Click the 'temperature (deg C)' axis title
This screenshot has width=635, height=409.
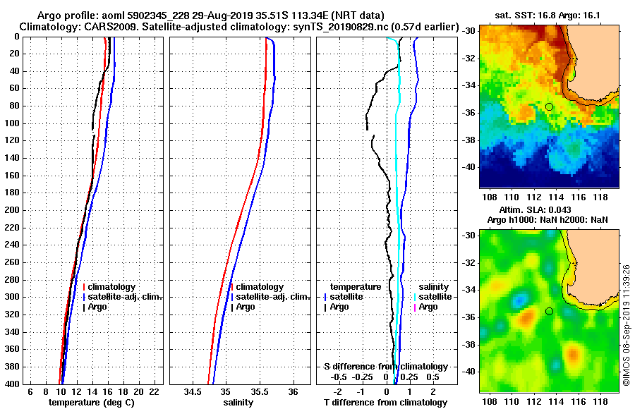(91, 402)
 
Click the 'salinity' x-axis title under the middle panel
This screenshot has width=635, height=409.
(238, 402)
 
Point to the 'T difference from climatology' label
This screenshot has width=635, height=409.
(385, 402)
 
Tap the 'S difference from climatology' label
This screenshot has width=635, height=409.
(385, 367)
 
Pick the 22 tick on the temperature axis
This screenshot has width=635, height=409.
(154, 391)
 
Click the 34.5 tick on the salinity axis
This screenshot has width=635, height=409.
(193, 391)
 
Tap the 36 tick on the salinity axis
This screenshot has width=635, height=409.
(294, 391)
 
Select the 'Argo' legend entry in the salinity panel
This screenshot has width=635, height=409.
(246, 307)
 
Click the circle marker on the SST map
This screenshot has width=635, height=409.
(549, 106)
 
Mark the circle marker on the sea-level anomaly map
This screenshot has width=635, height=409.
(549, 311)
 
